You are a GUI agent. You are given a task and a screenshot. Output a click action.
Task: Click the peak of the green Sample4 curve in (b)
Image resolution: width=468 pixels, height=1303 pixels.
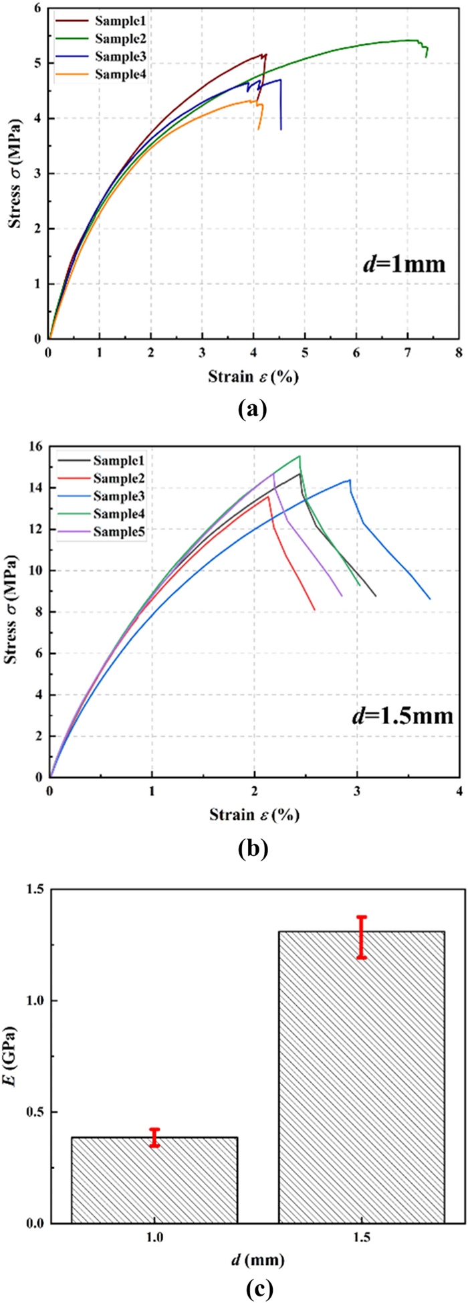[300, 456]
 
